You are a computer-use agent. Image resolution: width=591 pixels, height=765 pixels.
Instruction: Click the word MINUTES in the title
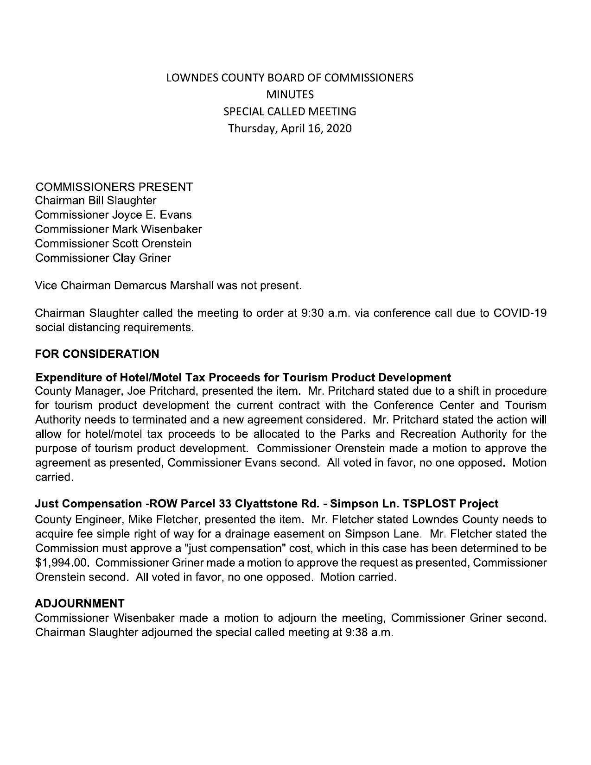(290, 95)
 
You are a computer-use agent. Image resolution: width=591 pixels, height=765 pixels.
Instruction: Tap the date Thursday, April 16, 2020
(290, 128)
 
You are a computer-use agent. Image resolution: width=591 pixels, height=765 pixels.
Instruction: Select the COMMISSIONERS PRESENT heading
(114, 187)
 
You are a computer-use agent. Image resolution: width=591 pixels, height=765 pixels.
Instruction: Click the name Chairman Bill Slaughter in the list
(95, 201)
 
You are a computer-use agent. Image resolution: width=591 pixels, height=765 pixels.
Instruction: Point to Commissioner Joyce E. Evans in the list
(113, 215)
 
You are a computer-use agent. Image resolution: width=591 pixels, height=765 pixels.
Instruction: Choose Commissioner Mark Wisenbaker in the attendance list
(118, 229)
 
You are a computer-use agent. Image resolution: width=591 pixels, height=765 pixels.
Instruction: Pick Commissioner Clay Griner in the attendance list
(103, 258)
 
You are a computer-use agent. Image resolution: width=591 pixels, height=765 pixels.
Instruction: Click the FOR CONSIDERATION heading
(97, 354)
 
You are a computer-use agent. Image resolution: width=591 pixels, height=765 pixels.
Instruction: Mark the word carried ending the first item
(54, 477)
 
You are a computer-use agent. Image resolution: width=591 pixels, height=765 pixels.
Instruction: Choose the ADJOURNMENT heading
(79, 603)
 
